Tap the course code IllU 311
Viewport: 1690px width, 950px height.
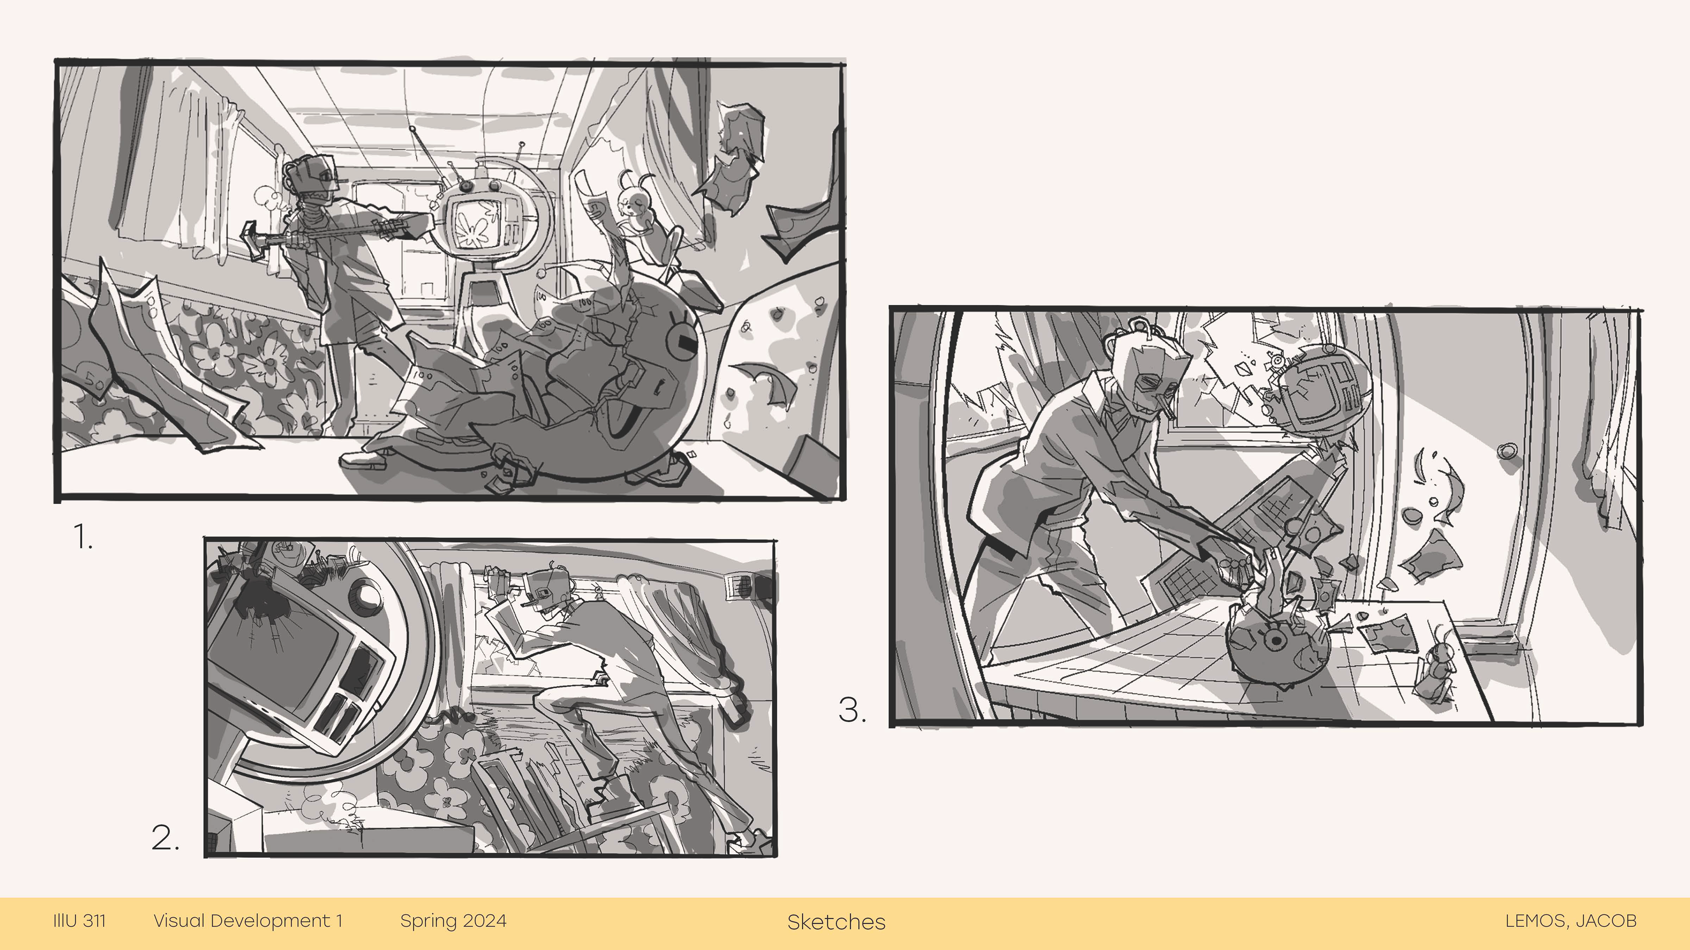(79, 921)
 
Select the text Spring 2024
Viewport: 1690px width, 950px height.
(453, 921)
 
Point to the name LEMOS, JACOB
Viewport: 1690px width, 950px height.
(1571, 921)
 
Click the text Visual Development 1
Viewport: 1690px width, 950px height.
(248, 921)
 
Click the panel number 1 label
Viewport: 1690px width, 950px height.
(83, 537)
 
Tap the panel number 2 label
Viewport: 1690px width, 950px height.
(165, 838)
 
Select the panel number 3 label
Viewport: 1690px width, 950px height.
(852, 710)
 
